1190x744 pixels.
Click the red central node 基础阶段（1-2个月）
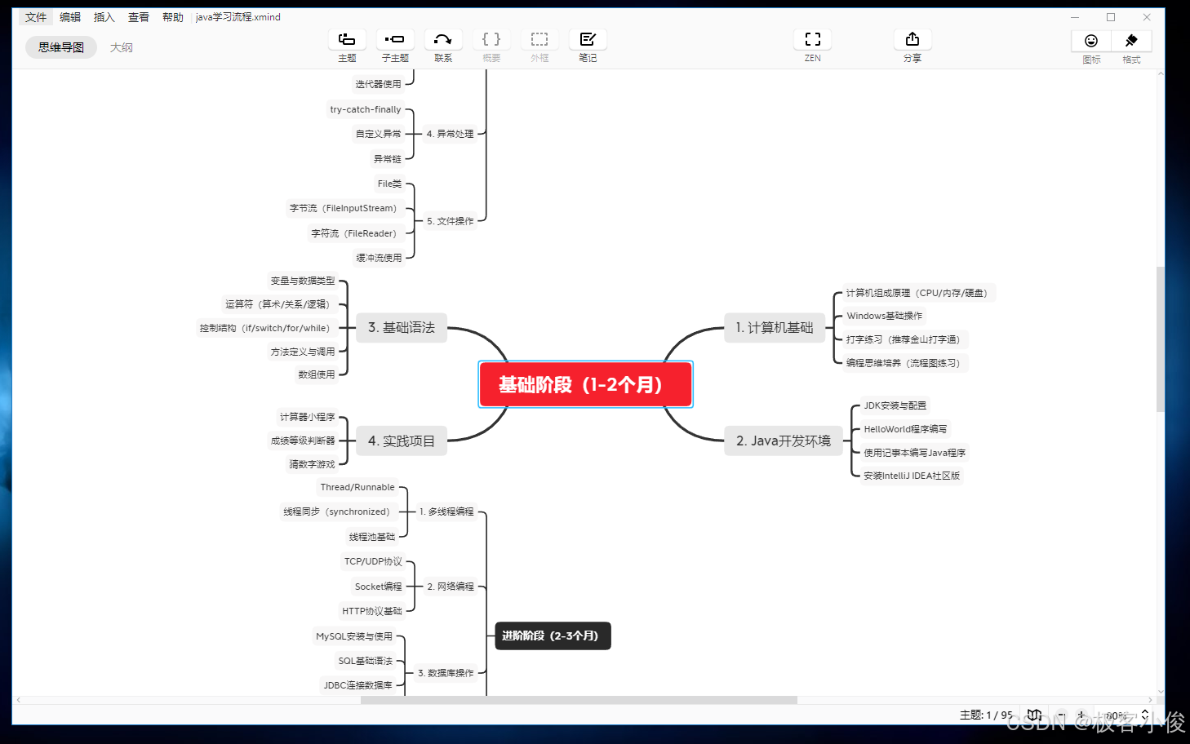[585, 384]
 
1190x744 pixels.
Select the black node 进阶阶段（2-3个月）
[553, 635]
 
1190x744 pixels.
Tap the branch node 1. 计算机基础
[775, 327]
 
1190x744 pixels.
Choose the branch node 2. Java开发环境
[783, 441]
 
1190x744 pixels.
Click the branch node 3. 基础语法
[401, 327]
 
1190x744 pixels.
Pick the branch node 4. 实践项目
[401, 441]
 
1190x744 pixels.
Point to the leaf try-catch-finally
[365, 109]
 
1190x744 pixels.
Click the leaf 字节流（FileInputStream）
[343, 208]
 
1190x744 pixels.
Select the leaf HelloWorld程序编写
[905, 429]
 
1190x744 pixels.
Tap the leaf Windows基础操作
[884, 316]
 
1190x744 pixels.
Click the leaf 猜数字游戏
[312, 464]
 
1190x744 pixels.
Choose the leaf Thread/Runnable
[357, 487]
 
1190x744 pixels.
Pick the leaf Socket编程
[378, 587]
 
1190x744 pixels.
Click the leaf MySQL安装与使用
[354, 636]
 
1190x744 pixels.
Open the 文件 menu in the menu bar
[36, 17]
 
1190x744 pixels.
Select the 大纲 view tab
[122, 47]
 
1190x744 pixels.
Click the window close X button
[1146, 17]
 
